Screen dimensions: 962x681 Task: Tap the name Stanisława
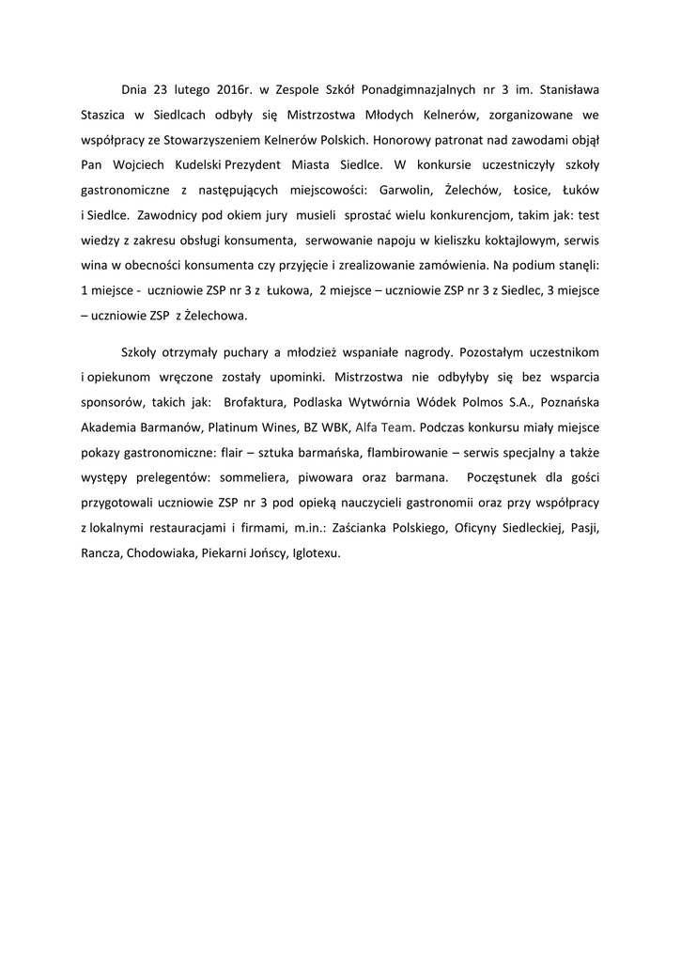(564, 90)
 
